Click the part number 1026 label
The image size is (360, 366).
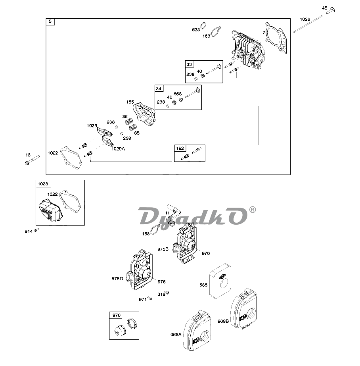(x=305, y=19)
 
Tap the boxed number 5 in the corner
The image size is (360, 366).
(x=50, y=22)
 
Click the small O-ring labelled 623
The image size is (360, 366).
(x=203, y=26)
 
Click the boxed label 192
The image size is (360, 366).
(x=180, y=148)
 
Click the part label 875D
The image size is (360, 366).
(x=118, y=278)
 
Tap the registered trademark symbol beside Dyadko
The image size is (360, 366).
(x=252, y=210)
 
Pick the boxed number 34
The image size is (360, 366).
(x=159, y=88)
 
